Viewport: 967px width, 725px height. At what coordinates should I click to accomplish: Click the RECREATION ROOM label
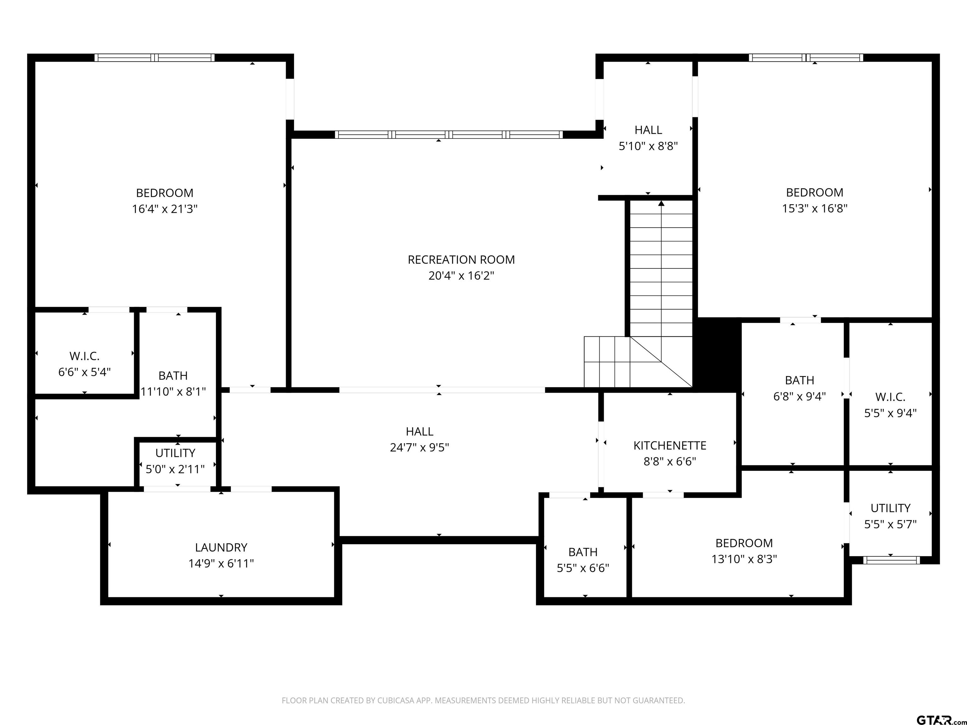click(x=461, y=260)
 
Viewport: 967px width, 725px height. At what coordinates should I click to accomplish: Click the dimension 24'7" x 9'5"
click(x=419, y=447)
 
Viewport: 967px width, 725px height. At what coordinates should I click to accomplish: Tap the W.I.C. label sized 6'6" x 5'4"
click(x=84, y=356)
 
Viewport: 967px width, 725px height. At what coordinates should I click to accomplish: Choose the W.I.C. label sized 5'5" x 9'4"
click(x=890, y=397)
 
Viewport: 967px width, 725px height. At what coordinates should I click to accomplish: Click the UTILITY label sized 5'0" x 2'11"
click(x=175, y=453)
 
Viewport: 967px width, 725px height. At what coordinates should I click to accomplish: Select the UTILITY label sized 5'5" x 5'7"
click(x=890, y=508)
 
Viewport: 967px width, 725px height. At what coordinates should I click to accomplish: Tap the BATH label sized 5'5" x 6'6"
click(x=583, y=552)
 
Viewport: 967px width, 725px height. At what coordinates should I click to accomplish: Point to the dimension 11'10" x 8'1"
click(x=173, y=391)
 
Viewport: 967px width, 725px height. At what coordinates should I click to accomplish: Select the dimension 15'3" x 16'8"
click(x=814, y=208)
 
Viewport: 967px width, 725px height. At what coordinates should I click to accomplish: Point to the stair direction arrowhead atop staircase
click(x=661, y=203)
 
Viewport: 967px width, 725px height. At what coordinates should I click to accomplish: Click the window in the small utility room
click(x=891, y=560)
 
